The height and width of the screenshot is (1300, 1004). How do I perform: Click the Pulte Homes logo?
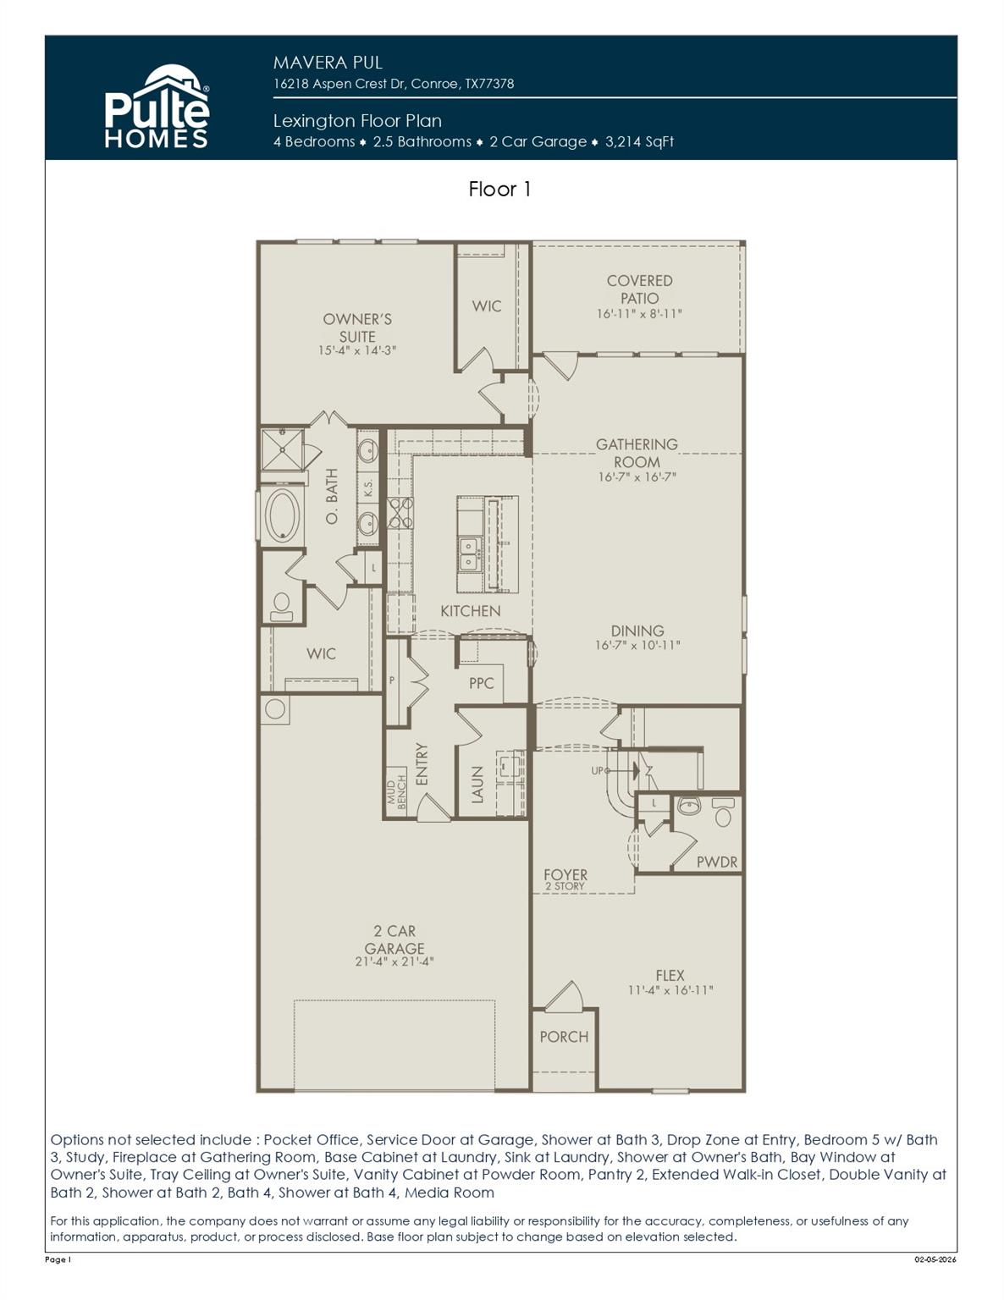157,107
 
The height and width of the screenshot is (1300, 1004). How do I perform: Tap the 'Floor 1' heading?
499,189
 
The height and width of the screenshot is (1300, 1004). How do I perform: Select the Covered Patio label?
639,289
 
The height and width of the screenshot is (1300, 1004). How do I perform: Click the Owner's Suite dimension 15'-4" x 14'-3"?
357,350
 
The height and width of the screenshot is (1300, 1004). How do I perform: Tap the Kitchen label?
470,610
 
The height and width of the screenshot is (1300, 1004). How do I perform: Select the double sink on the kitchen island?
468,554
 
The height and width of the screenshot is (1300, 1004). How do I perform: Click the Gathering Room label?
637,453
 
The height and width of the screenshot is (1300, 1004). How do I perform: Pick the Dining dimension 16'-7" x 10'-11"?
637,646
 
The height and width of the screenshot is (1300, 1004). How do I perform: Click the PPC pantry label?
481,682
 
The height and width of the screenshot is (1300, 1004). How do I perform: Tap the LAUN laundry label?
477,785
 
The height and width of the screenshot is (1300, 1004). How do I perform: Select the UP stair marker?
598,771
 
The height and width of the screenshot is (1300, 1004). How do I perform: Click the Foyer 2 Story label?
565,879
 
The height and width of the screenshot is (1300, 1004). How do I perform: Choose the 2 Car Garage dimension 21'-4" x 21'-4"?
394,961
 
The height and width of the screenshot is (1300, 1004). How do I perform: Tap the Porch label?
564,1037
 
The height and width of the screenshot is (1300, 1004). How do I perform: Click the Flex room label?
670,975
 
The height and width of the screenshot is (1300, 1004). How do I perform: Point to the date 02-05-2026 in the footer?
935,1259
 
